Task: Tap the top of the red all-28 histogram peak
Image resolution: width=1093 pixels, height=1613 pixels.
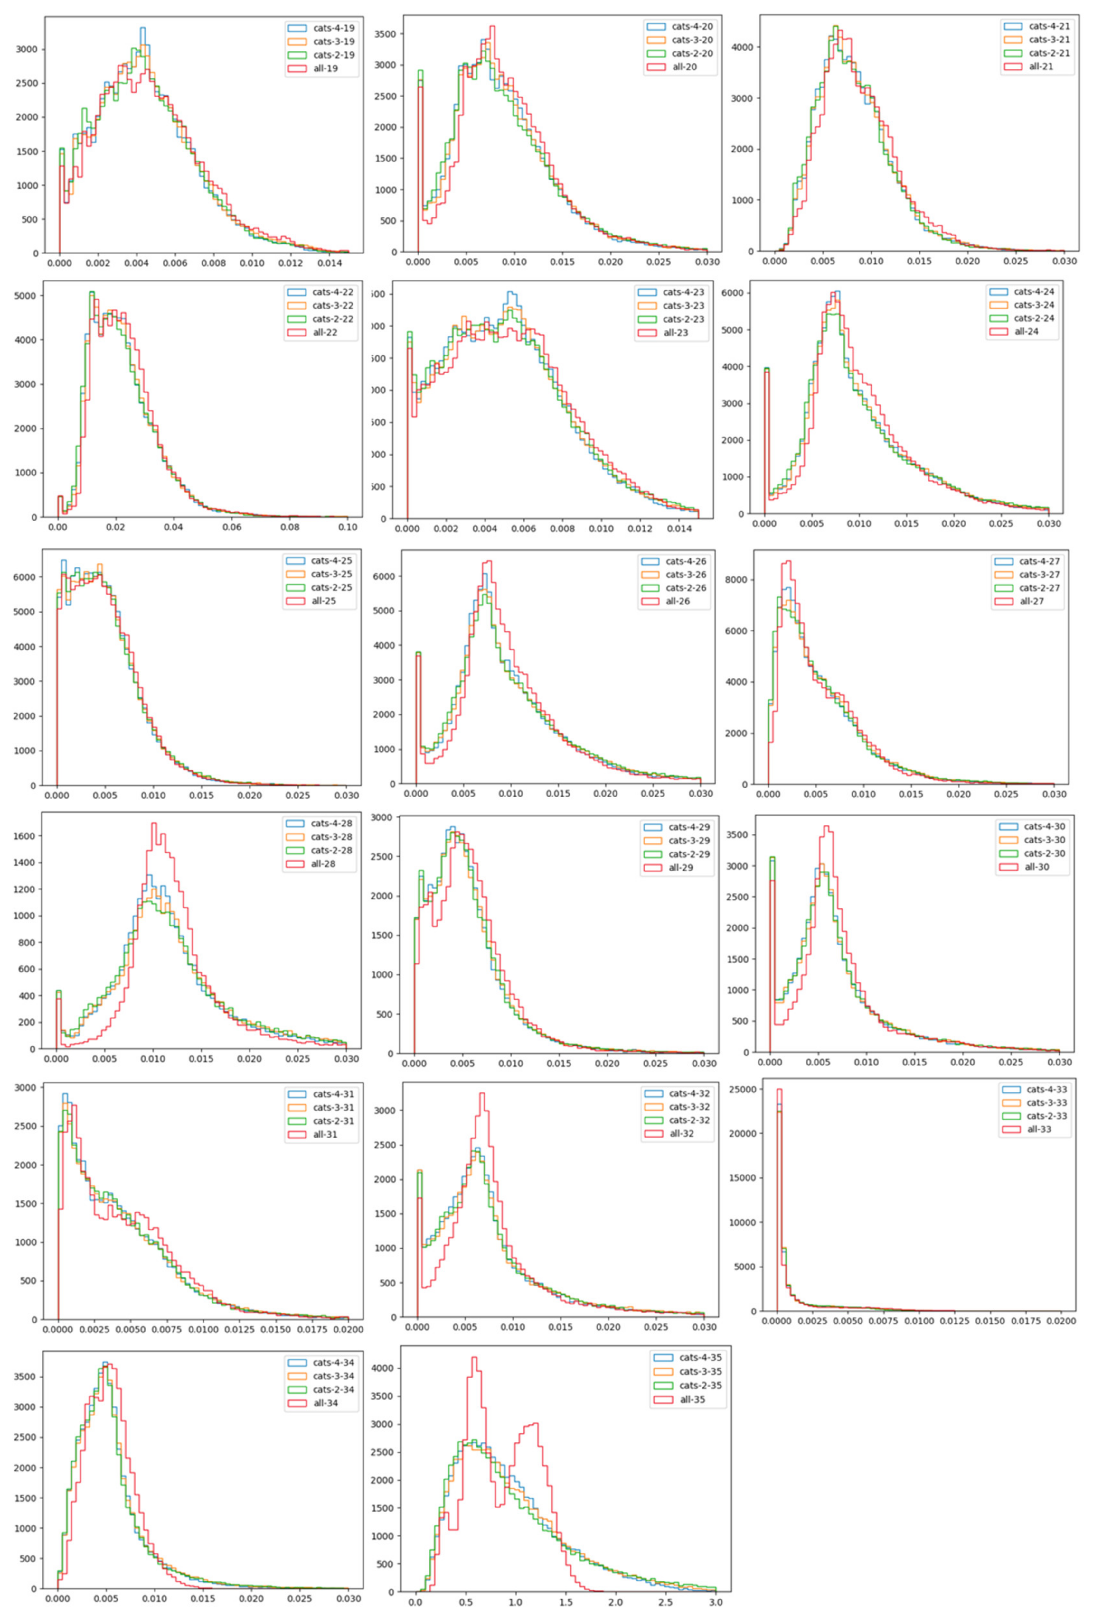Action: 154,824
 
